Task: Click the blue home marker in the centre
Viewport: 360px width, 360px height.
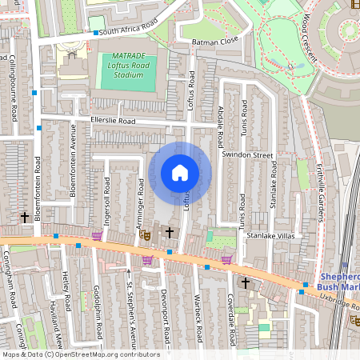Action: [x=180, y=173]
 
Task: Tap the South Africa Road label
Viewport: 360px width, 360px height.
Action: [x=131, y=30]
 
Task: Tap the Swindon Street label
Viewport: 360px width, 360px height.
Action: [x=247, y=154]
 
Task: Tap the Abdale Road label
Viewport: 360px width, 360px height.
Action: [x=220, y=127]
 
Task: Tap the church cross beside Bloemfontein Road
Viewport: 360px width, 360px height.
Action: [x=24, y=217]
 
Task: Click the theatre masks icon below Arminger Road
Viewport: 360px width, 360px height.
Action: [x=145, y=234]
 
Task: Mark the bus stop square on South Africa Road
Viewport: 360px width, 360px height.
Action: [x=95, y=33]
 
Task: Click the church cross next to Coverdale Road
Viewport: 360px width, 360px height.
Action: [x=245, y=282]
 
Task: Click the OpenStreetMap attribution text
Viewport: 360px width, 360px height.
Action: [x=80, y=354]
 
